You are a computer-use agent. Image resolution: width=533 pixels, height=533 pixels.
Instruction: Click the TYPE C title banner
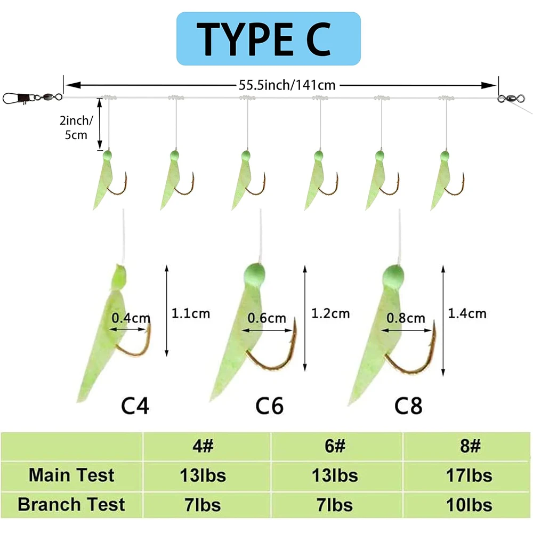pyautogui.click(x=268, y=38)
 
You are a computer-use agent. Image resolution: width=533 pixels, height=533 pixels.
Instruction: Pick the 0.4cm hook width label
pyautogui.click(x=131, y=319)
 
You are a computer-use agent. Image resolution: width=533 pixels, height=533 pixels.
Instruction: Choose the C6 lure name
pyautogui.click(x=270, y=406)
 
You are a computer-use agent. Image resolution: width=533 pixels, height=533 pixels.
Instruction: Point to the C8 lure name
pyautogui.click(x=408, y=406)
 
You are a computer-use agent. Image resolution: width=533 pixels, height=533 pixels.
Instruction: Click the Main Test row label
pyautogui.click(x=71, y=475)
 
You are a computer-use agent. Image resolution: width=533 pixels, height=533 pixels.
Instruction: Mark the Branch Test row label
pyautogui.click(x=71, y=505)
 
